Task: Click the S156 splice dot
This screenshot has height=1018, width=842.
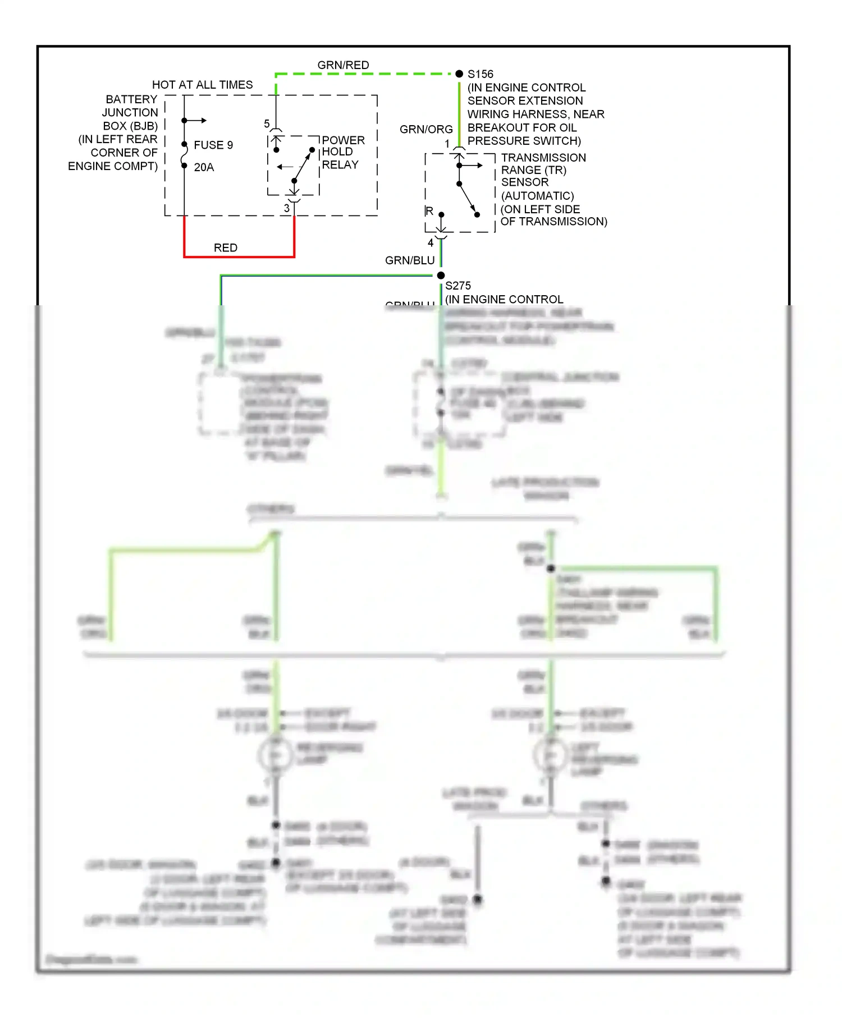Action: tap(459, 74)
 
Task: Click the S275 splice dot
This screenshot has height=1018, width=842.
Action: tap(441, 275)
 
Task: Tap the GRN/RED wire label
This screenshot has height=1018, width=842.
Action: tap(343, 65)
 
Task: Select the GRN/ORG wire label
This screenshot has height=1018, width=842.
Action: tap(426, 129)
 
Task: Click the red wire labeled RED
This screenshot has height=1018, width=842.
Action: tap(239, 256)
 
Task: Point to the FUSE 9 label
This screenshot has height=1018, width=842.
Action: tap(213, 145)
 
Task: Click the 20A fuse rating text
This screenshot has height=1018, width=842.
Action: tap(204, 167)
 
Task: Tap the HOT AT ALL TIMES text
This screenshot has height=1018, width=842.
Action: tap(202, 85)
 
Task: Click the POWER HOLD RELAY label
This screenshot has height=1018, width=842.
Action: tap(342, 152)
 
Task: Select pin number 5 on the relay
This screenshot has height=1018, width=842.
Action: tap(267, 124)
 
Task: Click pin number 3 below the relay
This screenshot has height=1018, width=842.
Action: tap(286, 208)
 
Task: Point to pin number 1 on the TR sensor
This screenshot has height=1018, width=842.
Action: tap(447, 144)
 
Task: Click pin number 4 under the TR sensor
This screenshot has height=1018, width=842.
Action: tap(431, 243)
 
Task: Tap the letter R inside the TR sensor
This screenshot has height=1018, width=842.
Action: tap(429, 211)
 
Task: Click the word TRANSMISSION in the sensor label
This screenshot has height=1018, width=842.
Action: tap(543, 158)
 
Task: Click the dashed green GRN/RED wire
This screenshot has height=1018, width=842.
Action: tap(365, 74)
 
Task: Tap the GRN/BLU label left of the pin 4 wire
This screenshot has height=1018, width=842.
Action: tap(410, 260)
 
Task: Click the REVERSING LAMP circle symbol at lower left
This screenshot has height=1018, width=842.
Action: tap(275, 755)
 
